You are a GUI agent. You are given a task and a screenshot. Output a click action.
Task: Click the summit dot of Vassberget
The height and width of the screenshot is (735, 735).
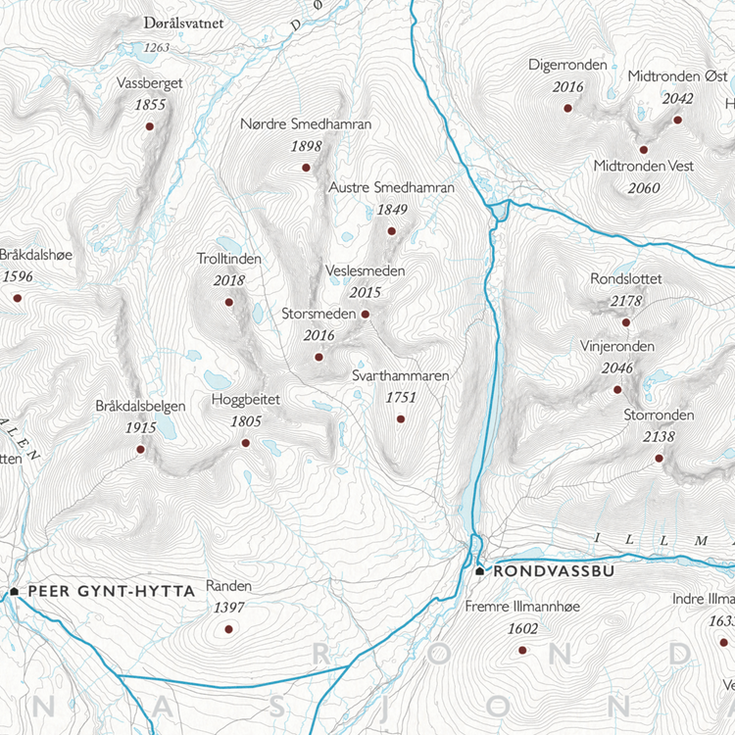150,126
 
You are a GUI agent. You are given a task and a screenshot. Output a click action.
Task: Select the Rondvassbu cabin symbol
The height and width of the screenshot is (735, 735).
479,570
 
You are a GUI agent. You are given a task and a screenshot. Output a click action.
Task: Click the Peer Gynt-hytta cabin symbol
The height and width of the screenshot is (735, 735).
15,591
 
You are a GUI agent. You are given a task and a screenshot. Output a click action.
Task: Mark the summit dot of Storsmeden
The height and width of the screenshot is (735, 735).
318,357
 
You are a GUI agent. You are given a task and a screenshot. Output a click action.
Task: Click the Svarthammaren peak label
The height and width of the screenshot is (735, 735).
400,376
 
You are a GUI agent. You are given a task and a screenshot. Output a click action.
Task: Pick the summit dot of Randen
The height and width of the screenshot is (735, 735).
228,628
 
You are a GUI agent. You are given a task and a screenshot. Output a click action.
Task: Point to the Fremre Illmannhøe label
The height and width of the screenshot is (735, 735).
522,607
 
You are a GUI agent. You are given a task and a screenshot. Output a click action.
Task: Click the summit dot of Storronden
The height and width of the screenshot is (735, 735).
659,458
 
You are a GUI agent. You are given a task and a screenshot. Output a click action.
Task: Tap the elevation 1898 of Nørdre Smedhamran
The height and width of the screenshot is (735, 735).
306,146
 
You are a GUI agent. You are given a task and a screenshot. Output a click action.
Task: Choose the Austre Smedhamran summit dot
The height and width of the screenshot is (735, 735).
391,231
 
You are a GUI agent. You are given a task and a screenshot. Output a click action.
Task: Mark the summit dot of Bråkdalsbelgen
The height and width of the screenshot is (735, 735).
140,449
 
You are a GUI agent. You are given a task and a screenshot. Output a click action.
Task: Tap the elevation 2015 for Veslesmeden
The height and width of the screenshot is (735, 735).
365,292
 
